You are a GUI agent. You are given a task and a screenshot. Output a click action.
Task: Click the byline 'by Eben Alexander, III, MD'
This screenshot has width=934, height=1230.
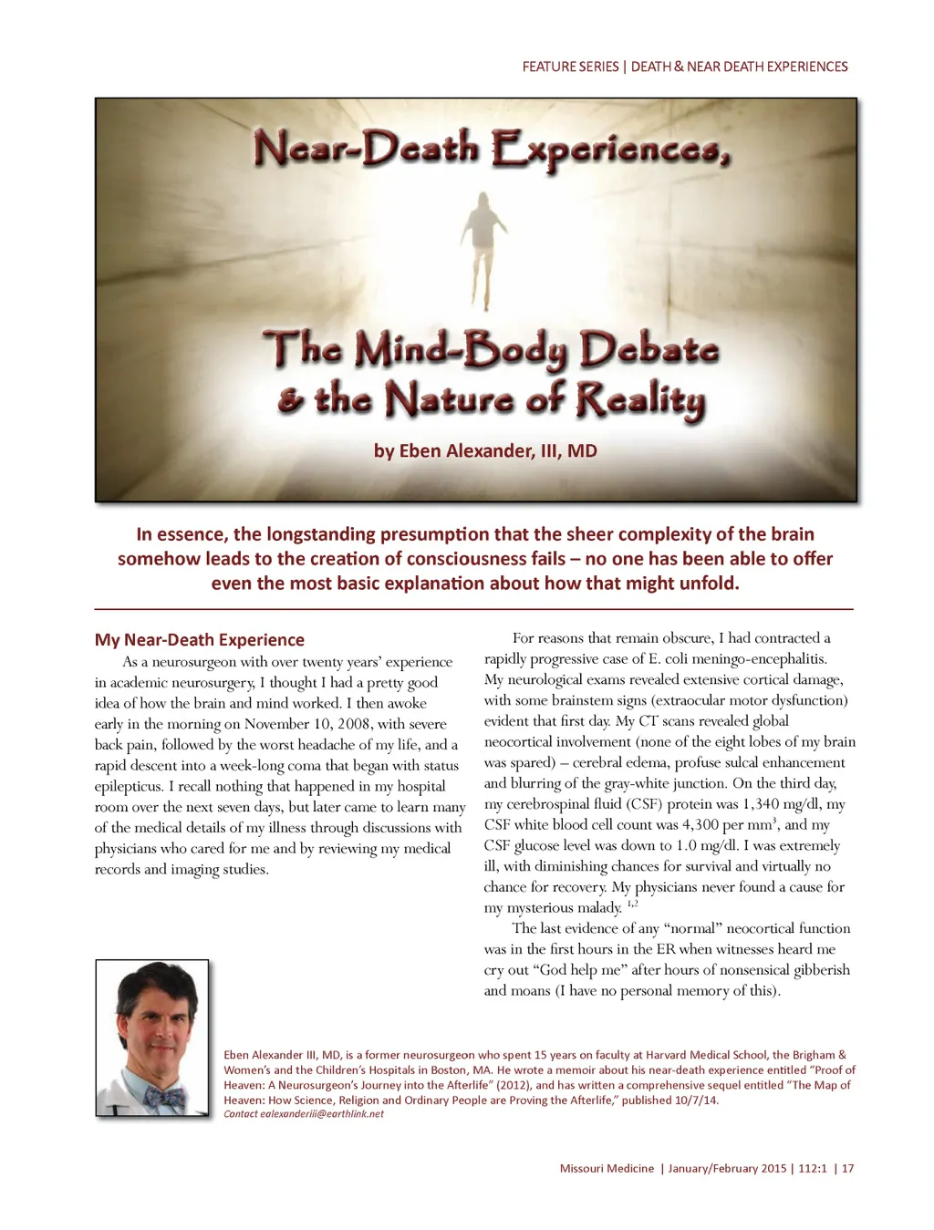(485, 450)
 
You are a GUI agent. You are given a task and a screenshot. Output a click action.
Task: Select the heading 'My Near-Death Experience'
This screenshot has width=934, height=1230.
(200, 640)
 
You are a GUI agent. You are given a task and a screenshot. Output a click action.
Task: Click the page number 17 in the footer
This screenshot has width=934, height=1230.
(848, 1169)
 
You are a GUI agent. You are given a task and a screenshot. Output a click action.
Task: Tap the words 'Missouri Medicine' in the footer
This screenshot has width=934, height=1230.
(607, 1169)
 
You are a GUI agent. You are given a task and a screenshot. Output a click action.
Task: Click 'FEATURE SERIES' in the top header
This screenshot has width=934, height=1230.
(570, 67)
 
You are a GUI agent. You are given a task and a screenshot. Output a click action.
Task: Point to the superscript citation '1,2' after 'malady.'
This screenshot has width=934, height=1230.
(632, 904)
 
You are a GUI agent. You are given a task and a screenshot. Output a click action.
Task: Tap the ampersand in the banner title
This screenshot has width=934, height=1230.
(291, 401)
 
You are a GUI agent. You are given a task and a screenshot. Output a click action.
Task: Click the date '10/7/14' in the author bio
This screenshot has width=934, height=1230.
(698, 1101)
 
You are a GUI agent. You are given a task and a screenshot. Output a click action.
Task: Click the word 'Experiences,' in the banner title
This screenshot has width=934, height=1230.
(611, 150)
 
